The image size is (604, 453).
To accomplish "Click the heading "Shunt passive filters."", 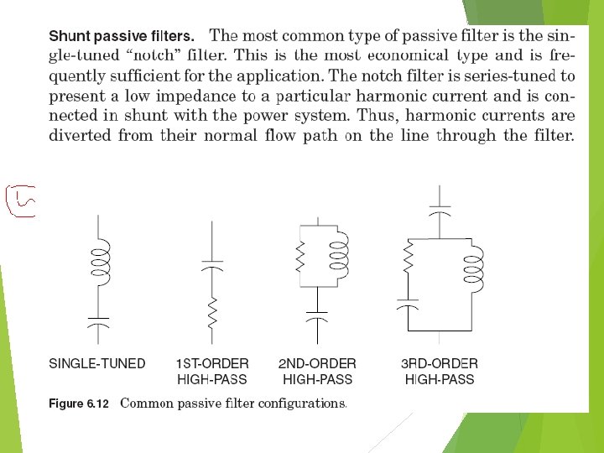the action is tap(122, 37).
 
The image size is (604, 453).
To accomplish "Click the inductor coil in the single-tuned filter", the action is tap(99, 261).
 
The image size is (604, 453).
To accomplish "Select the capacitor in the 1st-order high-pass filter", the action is tap(212, 265).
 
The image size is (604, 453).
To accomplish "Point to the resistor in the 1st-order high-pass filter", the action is tap(212, 312).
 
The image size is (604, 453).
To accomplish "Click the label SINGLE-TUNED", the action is tap(97, 364).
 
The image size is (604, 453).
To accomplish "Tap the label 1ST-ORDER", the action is tap(212, 364).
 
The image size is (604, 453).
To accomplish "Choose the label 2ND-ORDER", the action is tap(317, 364).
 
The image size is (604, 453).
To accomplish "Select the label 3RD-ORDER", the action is tap(440, 364).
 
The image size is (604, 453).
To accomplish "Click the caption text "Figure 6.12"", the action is tap(79, 404).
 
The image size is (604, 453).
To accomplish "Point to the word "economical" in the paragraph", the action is tap(391, 55).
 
